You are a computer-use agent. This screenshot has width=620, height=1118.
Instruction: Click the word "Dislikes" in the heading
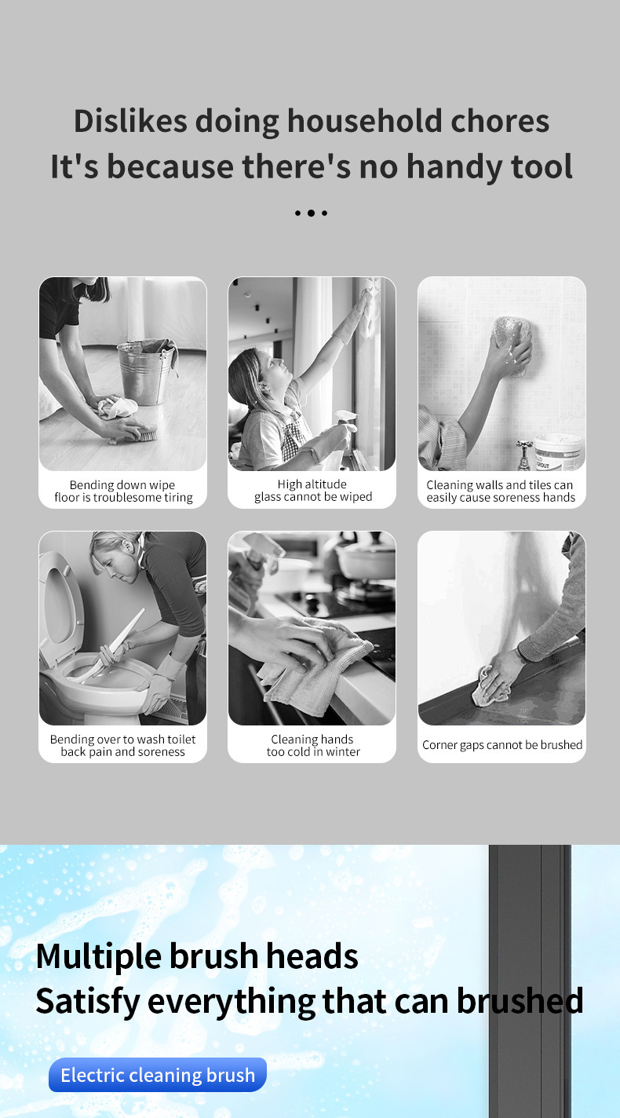click(x=130, y=121)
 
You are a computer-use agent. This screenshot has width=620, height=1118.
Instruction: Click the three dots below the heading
click(x=311, y=213)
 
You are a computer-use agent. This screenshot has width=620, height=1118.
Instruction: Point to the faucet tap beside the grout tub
click(x=523, y=455)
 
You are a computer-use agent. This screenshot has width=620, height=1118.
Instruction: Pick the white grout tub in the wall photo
click(x=558, y=451)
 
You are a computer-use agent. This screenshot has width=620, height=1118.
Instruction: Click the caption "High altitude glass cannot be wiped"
click(x=312, y=490)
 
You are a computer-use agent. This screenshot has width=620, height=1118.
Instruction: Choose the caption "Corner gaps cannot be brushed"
click(x=502, y=744)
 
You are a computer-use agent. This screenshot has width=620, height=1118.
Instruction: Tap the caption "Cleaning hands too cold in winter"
click(x=312, y=745)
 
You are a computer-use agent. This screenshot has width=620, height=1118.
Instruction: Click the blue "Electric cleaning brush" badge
click(x=158, y=1075)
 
